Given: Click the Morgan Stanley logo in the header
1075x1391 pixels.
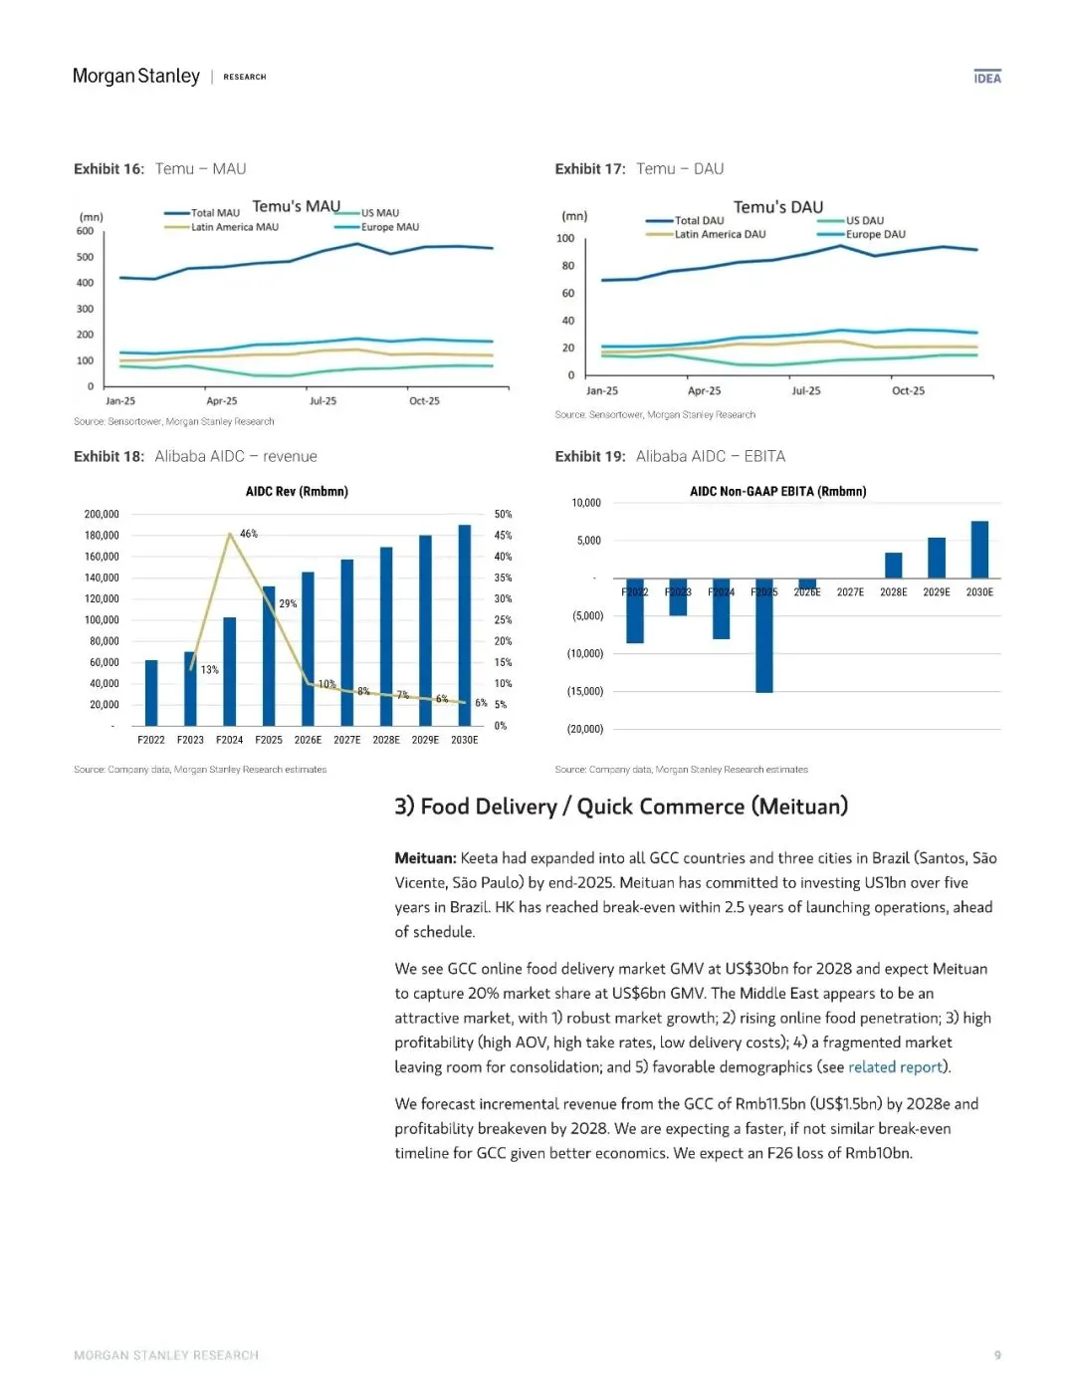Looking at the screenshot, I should (136, 77).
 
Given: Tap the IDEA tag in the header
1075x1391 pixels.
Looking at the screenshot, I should (987, 78).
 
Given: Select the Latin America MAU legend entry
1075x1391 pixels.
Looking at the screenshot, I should (234, 227).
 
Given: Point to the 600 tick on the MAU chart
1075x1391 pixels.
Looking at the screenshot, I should (86, 231).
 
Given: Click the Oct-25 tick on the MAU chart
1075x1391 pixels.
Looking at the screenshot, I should (424, 401).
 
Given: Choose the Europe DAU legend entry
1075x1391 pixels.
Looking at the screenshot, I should (875, 235).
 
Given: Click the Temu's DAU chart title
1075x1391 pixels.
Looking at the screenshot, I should (778, 207).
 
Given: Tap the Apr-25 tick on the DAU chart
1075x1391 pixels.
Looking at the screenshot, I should (704, 391).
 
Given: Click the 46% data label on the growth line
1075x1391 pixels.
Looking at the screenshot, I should (249, 534).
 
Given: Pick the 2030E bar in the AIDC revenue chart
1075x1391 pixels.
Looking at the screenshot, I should (464, 625).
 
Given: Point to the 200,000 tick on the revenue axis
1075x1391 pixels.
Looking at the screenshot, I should (102, 514).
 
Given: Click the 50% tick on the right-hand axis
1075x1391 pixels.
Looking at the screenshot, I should (503, 514).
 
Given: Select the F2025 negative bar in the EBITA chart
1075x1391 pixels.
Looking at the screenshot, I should (763, 635).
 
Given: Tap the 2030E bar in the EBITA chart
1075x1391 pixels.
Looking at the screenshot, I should (979, 550).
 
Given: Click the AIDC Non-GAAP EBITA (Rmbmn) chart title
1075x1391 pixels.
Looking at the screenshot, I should (777, 491).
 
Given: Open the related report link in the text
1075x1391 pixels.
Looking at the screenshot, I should (895, 1067).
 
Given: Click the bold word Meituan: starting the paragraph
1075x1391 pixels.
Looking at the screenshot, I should (425, 858).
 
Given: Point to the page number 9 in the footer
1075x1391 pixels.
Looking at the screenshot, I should (997, 1355).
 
